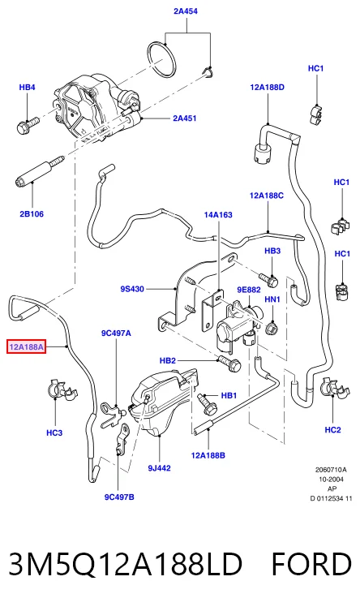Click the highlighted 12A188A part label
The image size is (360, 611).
tap(27, 346)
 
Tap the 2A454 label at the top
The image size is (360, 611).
tap(186, 11)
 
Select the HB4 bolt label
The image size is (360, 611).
tap(28, 88)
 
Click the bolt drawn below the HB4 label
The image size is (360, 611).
tap(28, 125)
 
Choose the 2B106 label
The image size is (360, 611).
tap(32, 214)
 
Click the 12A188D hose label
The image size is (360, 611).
tap(267, 88)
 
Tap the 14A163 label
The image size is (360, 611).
tap(218, 215)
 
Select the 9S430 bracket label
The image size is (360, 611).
tap(132, 289)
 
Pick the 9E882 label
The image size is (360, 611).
tap(249, 290)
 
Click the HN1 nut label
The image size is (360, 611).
tap(272, 299)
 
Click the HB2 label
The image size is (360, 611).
tap(168, 361)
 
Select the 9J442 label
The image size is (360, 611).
tap(159, 468)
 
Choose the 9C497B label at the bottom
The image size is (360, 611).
tap(119, 497)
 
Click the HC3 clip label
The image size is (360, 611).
tap(54, 432)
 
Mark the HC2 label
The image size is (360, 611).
tap(332, 430)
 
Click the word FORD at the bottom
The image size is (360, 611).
tap(311, 564)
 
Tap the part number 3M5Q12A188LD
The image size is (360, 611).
tap(126, 564)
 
